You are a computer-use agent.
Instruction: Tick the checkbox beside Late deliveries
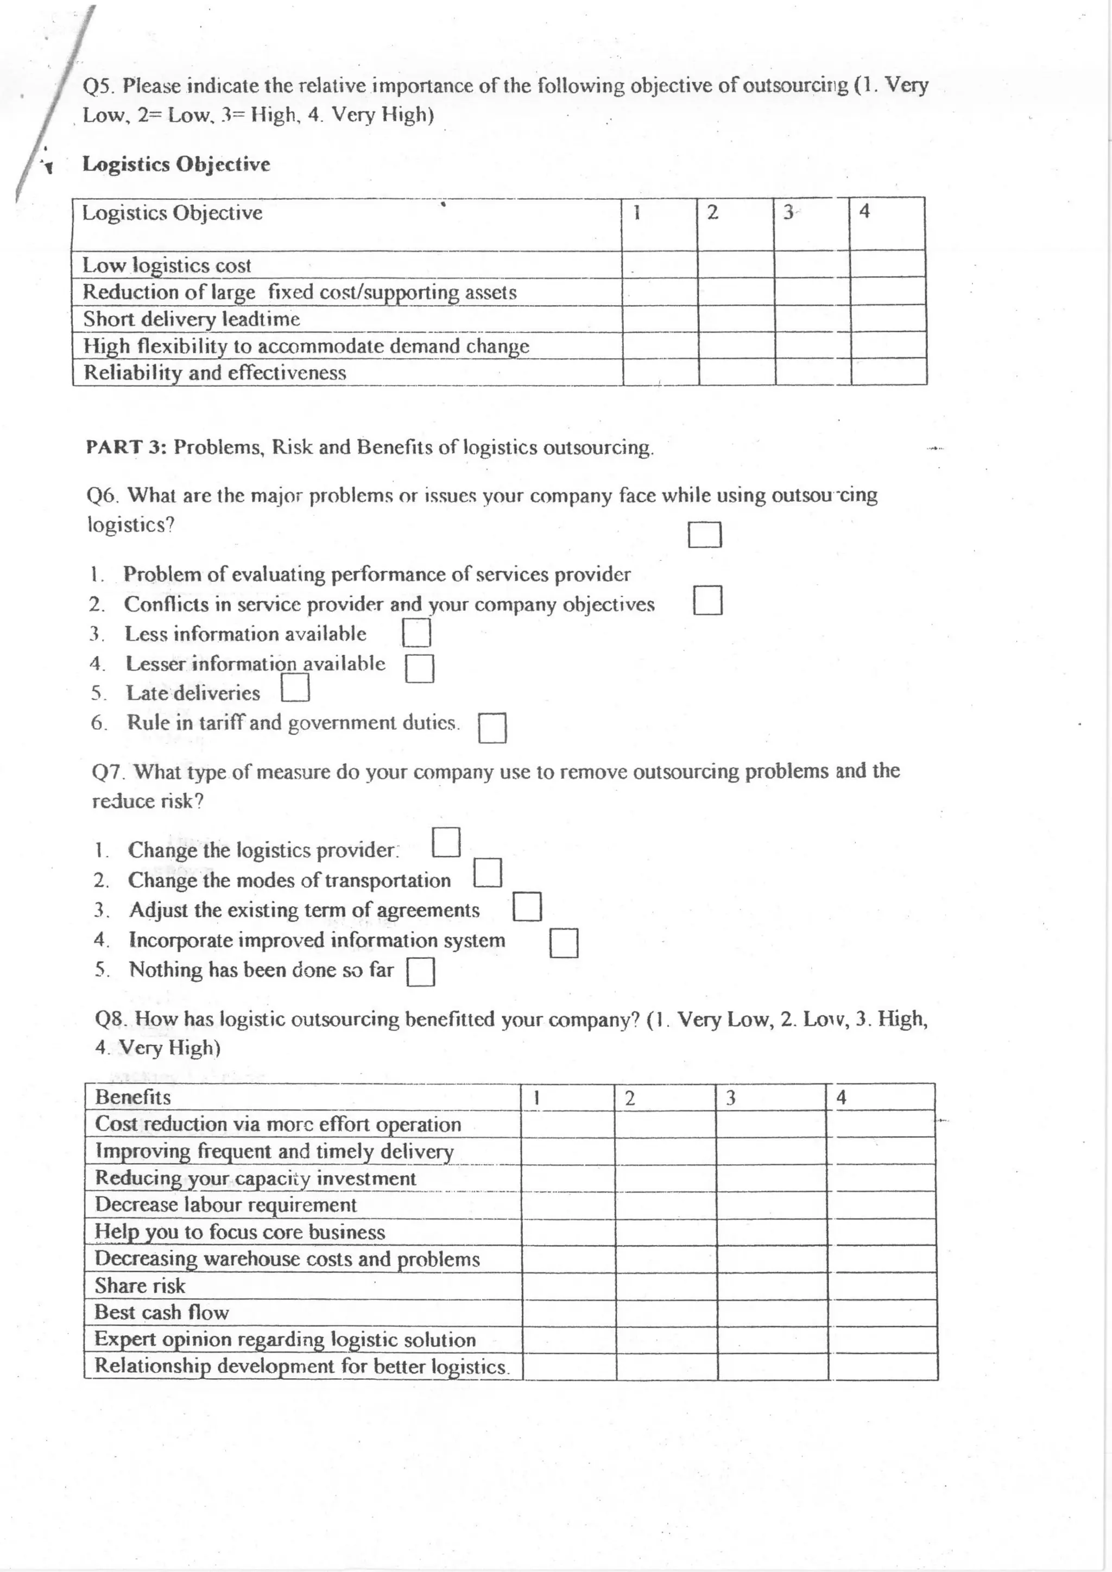point(295,687)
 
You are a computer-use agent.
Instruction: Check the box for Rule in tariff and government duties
point(492,728)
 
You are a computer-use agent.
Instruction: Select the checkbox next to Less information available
point(415,633)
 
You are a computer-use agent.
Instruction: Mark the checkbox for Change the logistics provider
point(446,842)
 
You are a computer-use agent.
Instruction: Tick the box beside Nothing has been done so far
point(420,971)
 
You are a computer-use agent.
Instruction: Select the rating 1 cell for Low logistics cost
point(659,264)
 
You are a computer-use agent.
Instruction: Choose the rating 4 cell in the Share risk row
point(881,1286)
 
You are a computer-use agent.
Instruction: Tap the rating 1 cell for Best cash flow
point(567,1312)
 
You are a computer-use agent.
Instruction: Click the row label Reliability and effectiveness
point(214,373)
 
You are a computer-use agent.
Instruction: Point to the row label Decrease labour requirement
point(225,1204)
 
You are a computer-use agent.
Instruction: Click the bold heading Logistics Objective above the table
point(176,165)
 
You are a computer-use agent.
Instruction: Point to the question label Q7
point(108,772)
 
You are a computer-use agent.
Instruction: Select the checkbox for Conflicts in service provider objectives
point(707,600)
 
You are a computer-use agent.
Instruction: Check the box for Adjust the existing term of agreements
point(527,906)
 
